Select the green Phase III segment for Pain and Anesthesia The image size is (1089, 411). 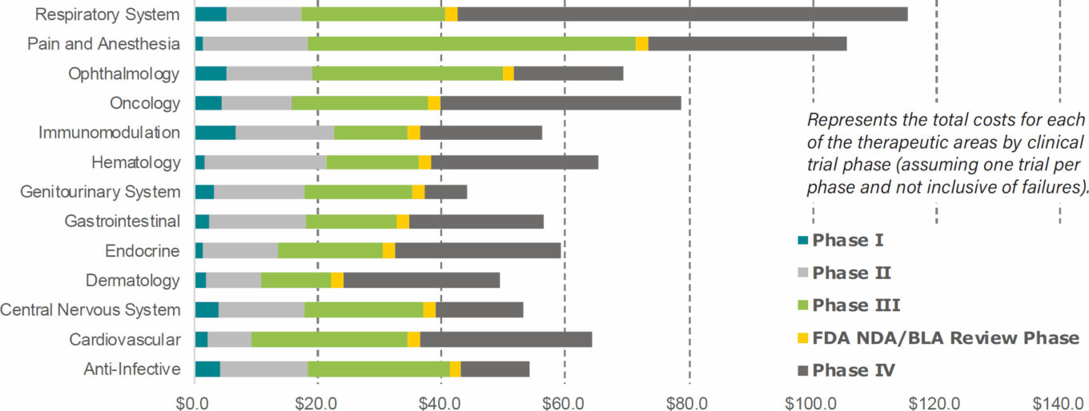coord(472,44)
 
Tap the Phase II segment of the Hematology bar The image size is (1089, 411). coord(265,162)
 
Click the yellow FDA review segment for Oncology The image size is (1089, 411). coord(434,103)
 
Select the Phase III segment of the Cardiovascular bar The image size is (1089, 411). coord(329,340)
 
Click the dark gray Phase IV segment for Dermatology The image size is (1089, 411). coord(421,281)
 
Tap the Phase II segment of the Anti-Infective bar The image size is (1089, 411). coord(263,369)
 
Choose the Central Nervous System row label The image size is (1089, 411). coord(90,310)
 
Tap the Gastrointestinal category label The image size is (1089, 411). coord(122,221)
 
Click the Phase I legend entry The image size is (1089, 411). coord(848,240)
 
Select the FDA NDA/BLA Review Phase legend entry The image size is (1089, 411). coord(945,338)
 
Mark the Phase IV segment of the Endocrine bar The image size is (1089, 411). coord(477,251)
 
